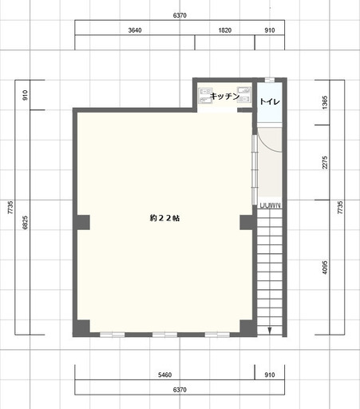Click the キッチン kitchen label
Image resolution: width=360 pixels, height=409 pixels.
(225, 96)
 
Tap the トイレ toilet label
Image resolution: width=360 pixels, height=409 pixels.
(270, 101)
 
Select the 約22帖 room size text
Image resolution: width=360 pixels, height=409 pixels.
(164, 218)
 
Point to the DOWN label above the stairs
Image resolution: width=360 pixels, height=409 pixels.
(271, 205)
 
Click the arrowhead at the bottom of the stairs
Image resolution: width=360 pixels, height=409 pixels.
(270, 331)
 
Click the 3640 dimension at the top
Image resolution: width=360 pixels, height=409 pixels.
(135, 30)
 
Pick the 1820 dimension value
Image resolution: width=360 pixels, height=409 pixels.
(225, 30)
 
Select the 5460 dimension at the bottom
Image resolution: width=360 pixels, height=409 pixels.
(164, 375)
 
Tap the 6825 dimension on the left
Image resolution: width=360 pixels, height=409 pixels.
(25, 223)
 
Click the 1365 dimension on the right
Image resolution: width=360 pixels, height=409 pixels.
(325, 102)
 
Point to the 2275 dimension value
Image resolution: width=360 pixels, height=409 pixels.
(325, 162)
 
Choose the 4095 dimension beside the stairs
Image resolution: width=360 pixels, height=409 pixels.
(325, 268)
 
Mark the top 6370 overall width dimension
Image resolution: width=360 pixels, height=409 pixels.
(180, 15)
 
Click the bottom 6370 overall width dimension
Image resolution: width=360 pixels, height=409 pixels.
(180, 390)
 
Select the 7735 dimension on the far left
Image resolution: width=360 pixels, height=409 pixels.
(10, 208)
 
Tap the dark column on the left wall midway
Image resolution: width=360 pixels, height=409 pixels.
(83, 222)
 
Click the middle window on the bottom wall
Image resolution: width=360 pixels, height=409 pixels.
(164, 335)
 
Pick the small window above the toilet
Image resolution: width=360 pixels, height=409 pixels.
(270, 80)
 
